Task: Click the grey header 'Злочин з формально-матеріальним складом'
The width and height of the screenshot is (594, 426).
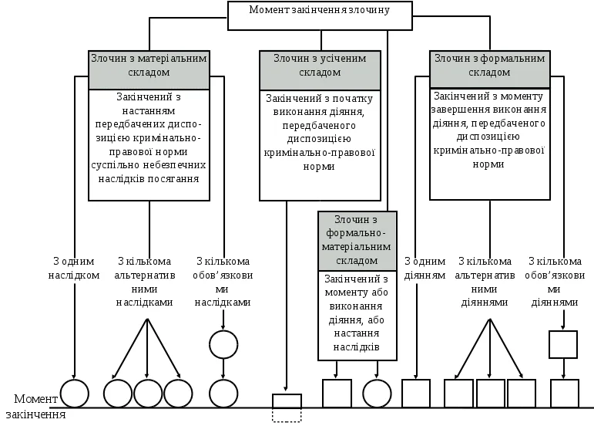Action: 357,240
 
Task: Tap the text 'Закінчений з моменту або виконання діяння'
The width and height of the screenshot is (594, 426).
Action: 357,313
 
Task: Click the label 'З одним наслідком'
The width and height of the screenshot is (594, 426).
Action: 74,268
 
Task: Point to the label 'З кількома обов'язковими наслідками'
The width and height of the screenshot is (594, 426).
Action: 223,282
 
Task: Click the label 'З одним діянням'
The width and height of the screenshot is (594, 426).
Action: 425,268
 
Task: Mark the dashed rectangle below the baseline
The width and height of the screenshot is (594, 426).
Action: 287,415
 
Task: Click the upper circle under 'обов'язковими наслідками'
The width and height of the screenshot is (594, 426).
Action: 223,344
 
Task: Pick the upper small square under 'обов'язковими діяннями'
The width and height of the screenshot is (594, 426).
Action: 563,344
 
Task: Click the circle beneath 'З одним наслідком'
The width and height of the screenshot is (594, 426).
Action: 75,394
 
